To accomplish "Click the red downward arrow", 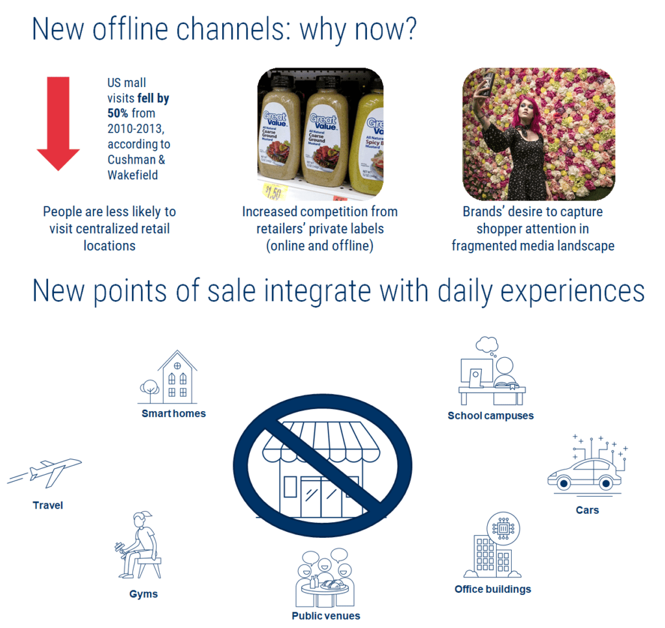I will tap(58, 123).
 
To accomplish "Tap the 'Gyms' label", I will tap(143, 594).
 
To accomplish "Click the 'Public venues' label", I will tap(326, 615).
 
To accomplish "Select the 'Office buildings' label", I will tap(493, 589).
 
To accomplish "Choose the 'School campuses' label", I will tap(490, 416).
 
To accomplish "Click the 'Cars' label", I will tap(587, 510).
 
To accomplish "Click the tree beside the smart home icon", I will tap(150, 388).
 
